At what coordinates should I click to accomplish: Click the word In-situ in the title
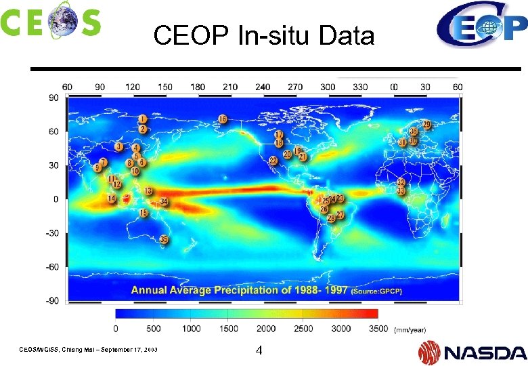click(x=276, y=35)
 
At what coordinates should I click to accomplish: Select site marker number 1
click(x=143, y=119)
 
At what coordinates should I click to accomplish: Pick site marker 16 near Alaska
click(x=223, y=119)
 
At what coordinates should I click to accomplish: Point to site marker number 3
click(x=119, y=146)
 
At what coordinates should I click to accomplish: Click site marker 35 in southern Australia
click(x=164, y=239)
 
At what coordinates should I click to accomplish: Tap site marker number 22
click(x=273, y=161)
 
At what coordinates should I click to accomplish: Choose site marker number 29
click(x=426, y=125)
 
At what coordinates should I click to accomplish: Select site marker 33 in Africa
click(x=401, y=191)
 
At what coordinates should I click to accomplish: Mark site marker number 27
click(x=340, y=215)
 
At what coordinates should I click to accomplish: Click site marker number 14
click(x=112, y=198)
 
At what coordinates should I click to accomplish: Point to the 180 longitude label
click(x=198, y=87)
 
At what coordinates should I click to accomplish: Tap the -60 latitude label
click(x=51, y=267)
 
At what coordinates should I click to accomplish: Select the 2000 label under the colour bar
click(x=266, y=329)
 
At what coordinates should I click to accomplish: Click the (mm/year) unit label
click(x=410, y=329)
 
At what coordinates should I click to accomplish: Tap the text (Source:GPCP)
click(x=376, y=291)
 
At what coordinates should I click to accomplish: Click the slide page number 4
click(x=259, y=351)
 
